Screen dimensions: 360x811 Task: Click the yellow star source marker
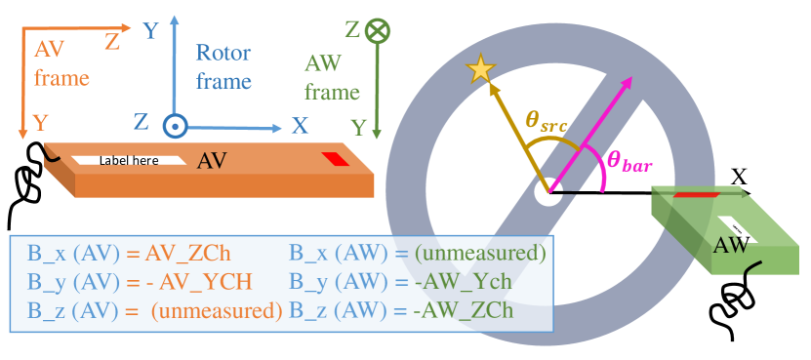[481, 68]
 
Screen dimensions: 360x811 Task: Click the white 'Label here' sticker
[129, 160]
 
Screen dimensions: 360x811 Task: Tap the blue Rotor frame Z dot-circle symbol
[176, 125]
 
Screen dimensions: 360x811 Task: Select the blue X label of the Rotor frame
[300, 125]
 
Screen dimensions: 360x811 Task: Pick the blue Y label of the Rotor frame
[150, 32]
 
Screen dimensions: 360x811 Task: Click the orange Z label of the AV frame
[112, 41]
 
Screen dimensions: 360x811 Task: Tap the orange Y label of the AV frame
[41, 123]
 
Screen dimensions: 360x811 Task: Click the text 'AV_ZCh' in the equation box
[187, 254]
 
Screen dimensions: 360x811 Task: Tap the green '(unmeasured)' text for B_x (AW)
[479, 254]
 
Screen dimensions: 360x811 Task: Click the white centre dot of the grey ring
[547, 191]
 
